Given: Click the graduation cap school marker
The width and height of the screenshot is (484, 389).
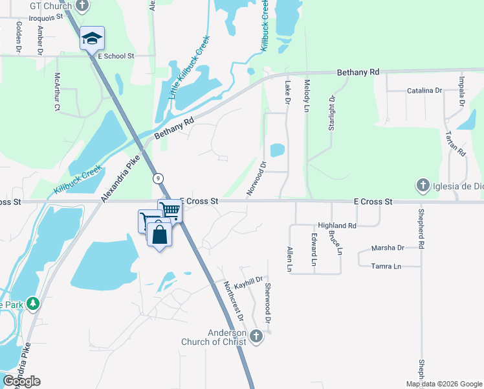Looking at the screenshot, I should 92,38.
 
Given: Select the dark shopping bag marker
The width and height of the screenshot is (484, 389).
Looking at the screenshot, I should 160,234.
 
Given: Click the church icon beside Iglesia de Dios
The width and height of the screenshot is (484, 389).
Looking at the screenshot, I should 423,186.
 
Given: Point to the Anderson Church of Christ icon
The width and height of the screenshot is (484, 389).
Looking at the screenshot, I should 257,336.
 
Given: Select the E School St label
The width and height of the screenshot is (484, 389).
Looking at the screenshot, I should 115,56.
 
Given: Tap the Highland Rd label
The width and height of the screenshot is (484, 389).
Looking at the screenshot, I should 342,226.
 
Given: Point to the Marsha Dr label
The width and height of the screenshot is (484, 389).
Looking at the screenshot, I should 388,248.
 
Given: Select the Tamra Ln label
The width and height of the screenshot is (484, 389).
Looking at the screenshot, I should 386,266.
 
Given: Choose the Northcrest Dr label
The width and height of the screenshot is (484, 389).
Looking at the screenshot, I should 233,301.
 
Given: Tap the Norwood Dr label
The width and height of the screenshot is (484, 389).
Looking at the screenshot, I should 256,178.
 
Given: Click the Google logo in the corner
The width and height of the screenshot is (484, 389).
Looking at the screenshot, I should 21,381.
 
